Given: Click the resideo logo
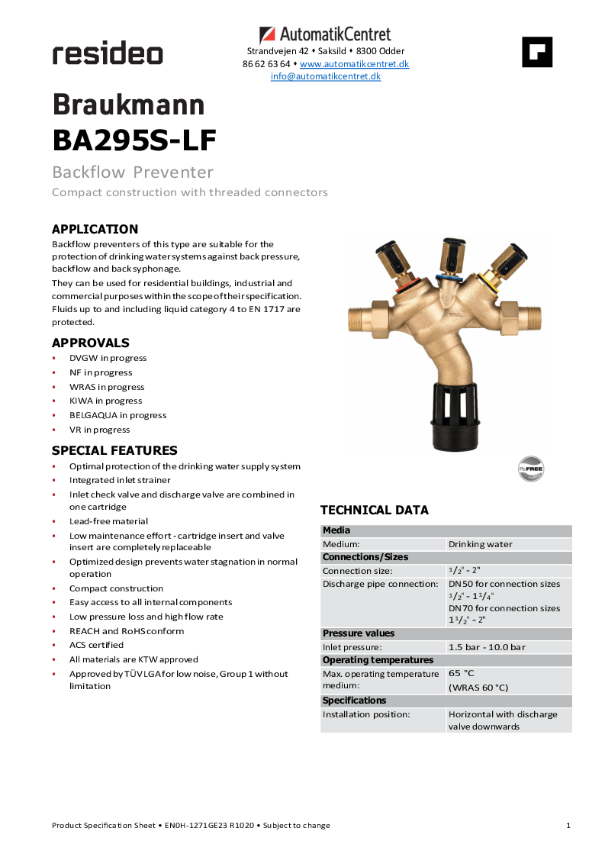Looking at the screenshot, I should click(x=108, y=54).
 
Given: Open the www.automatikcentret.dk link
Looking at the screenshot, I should click(x=354, y=64).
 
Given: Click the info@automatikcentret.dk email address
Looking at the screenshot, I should click(x=326, y=76).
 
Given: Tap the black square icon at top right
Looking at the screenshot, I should click(x=537, y=52).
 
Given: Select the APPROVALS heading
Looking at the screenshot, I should click(x=91, y=343).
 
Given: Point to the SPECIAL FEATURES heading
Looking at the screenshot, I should click(x=114, y=450).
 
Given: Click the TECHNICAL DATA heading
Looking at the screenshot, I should click(x=375, y=510).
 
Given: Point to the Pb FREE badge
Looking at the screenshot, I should click(x=531, y=469).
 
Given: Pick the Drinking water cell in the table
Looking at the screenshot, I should click(x=481, y=544).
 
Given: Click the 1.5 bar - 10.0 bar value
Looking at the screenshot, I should click(x=487, y=647).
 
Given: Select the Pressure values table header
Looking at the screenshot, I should click(x=359, y=633).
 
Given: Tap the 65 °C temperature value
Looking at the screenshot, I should click(x=461, y=674).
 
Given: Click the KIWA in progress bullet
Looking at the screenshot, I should click(x=105, y=401).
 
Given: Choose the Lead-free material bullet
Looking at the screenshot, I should click(x=108, y=521).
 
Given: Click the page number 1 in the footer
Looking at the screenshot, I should click(x=568, y=825).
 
